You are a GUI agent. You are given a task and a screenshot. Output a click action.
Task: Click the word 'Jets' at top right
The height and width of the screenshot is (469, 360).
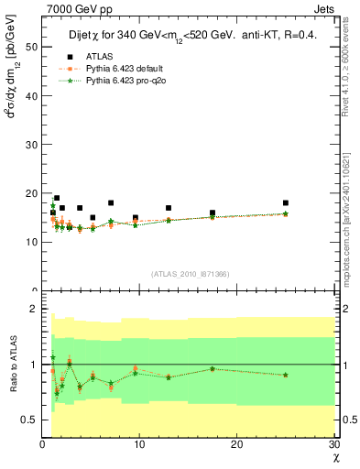coord(324,8)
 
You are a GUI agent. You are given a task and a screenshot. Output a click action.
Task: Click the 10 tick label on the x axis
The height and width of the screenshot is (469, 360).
coord(139,444)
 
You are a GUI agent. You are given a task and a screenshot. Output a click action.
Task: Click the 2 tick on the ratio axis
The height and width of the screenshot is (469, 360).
coord(34,310)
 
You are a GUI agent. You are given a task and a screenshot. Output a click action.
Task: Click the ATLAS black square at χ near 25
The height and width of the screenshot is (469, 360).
coord(286,202)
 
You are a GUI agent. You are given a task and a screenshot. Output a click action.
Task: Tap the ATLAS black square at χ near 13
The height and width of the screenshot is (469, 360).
coord(169,208)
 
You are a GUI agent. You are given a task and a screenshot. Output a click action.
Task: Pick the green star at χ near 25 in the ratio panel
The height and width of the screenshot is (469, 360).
coord(286,375)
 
